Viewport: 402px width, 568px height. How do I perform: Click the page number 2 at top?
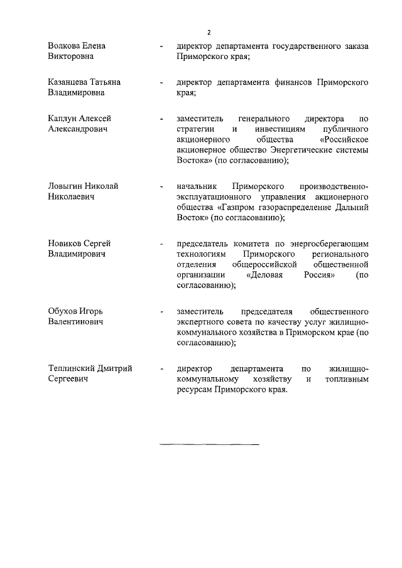click(209, 32)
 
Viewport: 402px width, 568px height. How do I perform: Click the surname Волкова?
click(65, 46)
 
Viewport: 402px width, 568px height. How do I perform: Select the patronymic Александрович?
click(78, 129)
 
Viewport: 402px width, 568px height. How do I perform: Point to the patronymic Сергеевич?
click(70, 379)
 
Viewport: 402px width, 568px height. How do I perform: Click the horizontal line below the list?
click(209, 445)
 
